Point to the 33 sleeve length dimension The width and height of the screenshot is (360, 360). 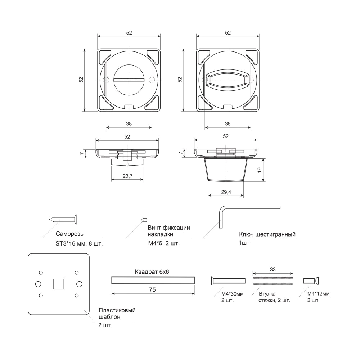[273, 269]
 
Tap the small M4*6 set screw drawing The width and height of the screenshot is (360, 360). [144, 219]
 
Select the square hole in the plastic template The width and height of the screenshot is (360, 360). [58, 284]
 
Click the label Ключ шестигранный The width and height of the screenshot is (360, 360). [267, 235]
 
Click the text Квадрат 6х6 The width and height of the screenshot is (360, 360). [152, 272]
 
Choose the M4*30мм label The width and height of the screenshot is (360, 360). [232, 294]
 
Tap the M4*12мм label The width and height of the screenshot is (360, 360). [318, 294]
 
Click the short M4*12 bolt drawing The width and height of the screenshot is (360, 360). [312, 280]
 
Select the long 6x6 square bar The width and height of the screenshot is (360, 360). [153, 280]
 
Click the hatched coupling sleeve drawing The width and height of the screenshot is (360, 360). [273, 280]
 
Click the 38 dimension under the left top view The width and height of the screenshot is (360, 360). [129, 123]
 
